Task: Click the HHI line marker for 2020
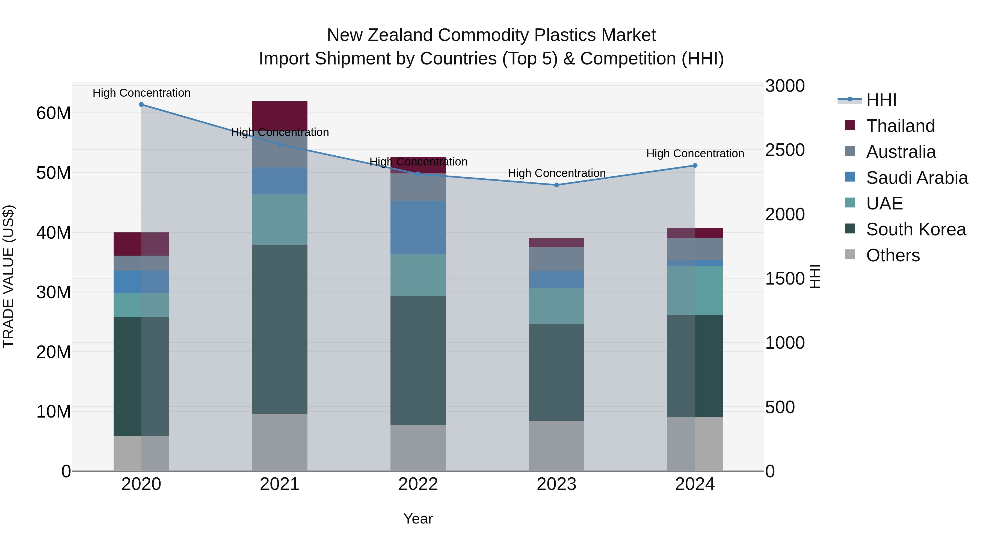coord(141,104)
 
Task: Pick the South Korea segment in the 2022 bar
coord(418,360)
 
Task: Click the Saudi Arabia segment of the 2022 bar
coord(418,227)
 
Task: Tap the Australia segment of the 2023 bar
coord(556,259)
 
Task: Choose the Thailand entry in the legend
coord(900,126)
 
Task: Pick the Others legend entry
coord(893,255)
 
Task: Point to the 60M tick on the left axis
coord(54,113)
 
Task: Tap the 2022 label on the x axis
coord(418,484)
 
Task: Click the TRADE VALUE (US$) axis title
coord(8,276)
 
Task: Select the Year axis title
coord(418,519)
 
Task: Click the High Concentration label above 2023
coord(556,173)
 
